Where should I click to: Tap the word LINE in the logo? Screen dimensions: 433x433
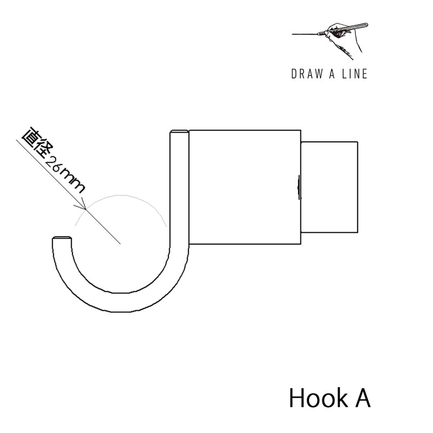click(355, 74)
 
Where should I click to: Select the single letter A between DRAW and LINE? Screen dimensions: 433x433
click(332, 74)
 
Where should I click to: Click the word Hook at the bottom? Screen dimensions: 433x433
click(319, 398)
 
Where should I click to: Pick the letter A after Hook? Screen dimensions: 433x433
click(362, 398)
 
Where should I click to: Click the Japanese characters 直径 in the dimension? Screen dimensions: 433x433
click(37, 143)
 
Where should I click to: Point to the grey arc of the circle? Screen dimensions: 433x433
click(121, 195)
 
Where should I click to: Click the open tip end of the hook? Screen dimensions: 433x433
click(62, 238)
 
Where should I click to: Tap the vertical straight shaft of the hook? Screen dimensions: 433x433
click(180, 191)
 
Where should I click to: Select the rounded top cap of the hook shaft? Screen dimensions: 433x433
click(180, 132)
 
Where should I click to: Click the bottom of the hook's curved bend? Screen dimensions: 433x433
click(119, 303)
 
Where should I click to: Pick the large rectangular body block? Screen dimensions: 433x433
click(245, 187)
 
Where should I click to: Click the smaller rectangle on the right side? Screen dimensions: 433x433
click(329, 187)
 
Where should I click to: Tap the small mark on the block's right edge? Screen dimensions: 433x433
click(299, 187)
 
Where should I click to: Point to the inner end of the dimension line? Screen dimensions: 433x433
click(120, 244)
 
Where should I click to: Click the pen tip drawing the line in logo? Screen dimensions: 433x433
click(319, 34)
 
